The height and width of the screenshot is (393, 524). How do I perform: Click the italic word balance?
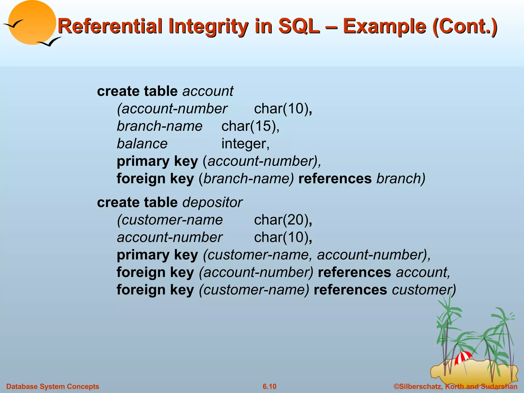142,144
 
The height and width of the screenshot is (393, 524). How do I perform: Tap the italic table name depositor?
212,202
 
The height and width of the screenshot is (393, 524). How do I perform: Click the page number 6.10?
269,386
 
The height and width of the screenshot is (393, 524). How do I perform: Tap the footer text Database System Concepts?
52,386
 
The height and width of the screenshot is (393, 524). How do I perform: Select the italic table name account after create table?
208,91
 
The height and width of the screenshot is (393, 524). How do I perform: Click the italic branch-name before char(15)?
159,126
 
